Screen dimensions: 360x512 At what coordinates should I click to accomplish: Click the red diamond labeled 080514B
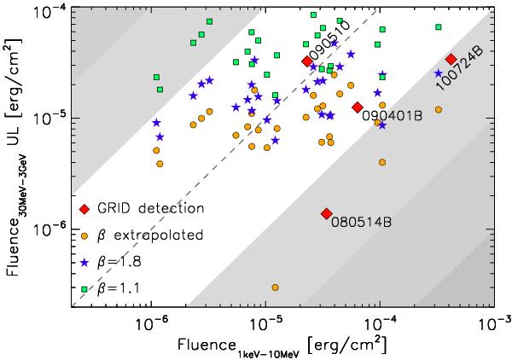coord(326,213)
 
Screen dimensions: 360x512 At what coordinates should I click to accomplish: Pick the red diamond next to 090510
coord(307,61)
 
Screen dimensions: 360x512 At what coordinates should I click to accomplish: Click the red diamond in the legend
coord(84,209)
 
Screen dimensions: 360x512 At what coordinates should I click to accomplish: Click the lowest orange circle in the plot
coord(276,287)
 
